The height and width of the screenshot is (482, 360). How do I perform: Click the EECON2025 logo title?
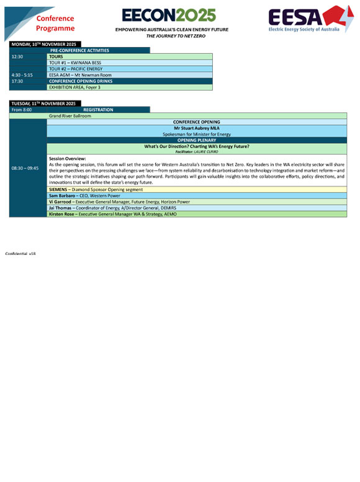click(x=169, y=15)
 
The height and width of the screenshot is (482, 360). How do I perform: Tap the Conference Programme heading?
click(x=55, y=24)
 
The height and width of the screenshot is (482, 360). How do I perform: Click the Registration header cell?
click(x=98, y=110)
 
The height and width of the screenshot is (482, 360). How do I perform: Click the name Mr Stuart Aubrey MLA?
click(x=197, y=128)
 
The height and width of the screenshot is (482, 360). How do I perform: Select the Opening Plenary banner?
click(x=197, y=140)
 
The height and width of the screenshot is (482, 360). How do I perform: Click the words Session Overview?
click(x=67, y=158)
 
